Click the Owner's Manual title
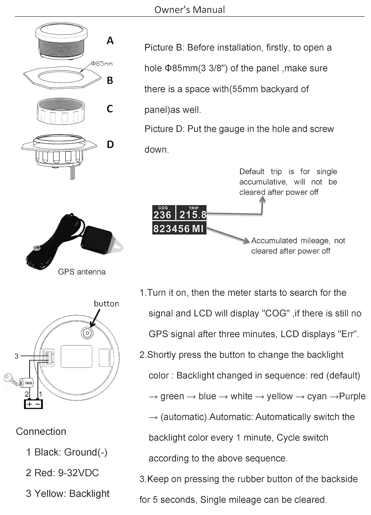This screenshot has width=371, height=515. point(190,10)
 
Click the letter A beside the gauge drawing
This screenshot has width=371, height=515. point(110,41)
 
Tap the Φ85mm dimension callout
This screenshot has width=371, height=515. point(102,64)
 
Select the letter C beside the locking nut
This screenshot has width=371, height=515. point(110,109)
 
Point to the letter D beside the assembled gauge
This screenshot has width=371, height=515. point(110,145)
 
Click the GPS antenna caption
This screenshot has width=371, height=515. point(82,272)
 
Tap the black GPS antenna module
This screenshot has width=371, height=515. point(97,240)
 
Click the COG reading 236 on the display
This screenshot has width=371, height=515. point(162,215)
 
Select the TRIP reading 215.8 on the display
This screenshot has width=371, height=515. point(193,215)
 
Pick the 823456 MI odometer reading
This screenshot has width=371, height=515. point(179,229)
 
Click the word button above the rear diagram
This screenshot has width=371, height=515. point(106,304)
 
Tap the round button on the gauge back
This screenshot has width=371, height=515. point(87,332)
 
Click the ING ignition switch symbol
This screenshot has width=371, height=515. point(27,382)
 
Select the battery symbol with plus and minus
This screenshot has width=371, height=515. point(33,404)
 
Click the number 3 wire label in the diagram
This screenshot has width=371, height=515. point(16,356)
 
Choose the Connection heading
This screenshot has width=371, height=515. point(41,432)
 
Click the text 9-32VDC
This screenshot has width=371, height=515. point(78,473)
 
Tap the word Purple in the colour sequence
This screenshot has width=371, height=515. point(352,396)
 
